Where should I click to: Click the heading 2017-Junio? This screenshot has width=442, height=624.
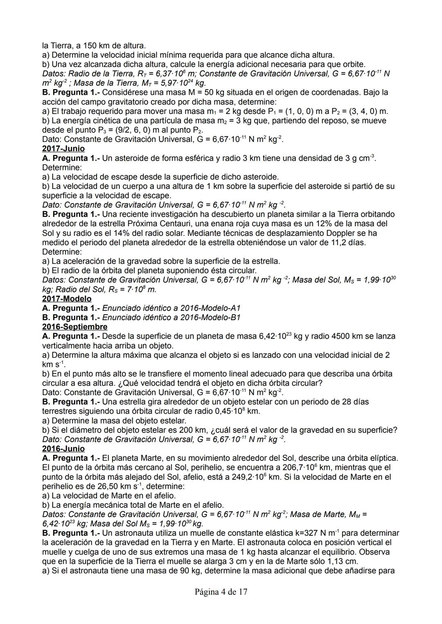[63, 149]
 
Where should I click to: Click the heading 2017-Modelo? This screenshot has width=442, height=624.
[67, 299]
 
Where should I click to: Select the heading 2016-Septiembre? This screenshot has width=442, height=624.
[75, 327]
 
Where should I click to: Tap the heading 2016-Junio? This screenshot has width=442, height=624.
[63, 449]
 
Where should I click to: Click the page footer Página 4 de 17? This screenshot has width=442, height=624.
[221, 592]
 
